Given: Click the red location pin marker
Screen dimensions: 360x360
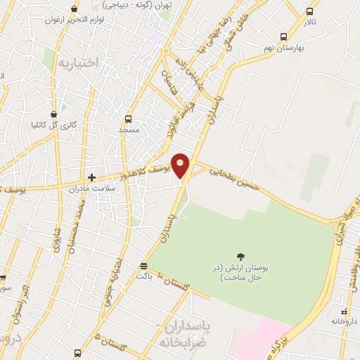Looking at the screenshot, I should pyautogui.click(x=181, y=165).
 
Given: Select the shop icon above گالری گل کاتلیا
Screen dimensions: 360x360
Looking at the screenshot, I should pyautogui.click(x=54, y=114).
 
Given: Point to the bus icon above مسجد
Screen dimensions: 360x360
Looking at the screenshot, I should pyautogui.click(x=128, y=119).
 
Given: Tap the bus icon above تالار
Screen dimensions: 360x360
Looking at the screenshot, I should pyautogui.click(x=310, y=11).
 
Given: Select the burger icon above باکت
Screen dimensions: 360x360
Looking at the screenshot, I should pyautogui.click(x=144, y=266).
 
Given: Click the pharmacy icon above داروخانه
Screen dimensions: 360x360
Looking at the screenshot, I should pyautogui.click(x=344, y=311).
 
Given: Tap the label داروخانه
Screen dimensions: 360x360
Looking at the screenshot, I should pyautogui.click(x=345, y=321).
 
